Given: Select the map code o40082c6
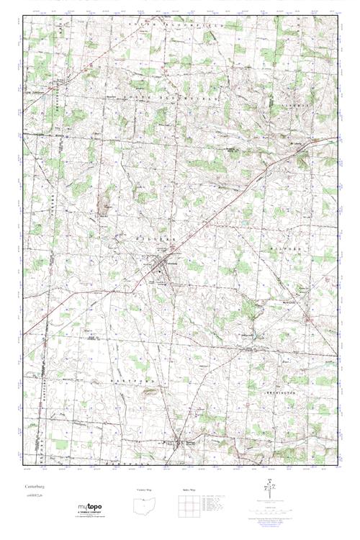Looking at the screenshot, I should click(33, 496).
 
